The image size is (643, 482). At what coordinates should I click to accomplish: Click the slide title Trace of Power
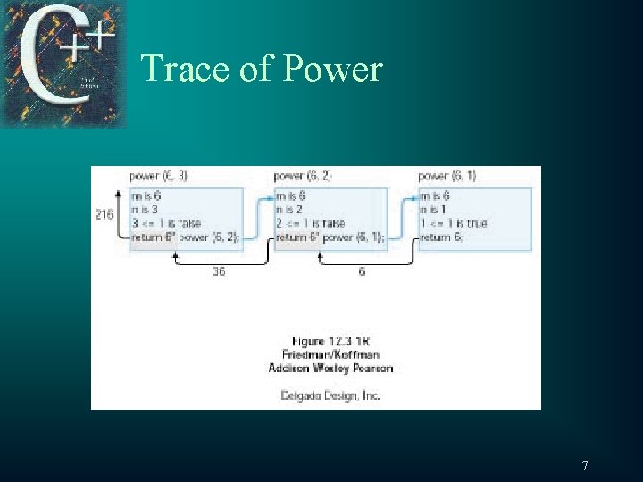[x=262, y=69]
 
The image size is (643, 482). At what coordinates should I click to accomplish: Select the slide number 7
[x=585, y=465]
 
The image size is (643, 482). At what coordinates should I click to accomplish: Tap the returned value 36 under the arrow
[x=219, y=272]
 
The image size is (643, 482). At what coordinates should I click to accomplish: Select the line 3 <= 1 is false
[x=166, y=223]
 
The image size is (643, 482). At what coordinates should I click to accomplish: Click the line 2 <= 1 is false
[x=311, y=223]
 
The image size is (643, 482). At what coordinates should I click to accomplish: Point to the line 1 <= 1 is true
[x=454, y=223]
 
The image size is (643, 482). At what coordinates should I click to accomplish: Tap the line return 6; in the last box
[x=442, y=237]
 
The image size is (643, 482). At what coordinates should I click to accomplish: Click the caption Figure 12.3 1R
[x=330, y=340]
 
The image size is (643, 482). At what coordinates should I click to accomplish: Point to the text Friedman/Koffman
[x=330, y=353]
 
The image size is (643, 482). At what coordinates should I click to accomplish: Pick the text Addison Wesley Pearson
[x=330, y=367]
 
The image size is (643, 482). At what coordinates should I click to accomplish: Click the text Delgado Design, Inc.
[x=330, y=395]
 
